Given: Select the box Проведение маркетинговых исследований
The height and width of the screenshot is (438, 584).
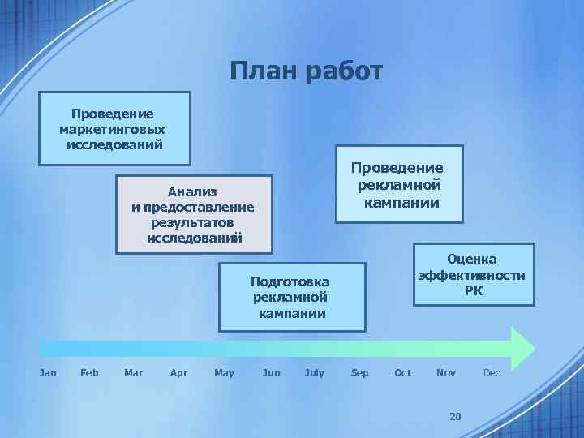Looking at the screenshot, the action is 114,128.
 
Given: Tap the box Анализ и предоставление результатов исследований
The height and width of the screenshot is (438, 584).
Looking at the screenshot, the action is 194,214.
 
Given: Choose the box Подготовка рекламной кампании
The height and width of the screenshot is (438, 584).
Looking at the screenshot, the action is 291,297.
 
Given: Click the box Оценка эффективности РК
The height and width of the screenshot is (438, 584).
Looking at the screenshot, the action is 473,274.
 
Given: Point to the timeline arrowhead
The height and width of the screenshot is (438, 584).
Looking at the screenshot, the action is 522,347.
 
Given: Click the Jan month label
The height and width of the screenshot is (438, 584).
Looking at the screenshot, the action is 48,372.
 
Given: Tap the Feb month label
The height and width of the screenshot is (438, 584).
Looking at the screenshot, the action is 90,372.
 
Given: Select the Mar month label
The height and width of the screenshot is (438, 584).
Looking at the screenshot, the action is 133,372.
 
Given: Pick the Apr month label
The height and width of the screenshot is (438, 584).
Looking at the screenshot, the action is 178,372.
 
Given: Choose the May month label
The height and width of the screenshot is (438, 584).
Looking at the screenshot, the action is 224,372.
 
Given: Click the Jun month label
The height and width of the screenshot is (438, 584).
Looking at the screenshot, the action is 272,372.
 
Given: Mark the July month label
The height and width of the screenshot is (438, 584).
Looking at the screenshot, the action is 314,372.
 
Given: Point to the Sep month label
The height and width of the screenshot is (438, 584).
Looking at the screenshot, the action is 359,372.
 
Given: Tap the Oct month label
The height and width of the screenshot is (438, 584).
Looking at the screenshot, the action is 402,372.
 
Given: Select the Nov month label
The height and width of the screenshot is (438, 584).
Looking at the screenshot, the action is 446,372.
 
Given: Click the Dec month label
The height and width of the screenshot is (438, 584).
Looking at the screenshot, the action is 492,372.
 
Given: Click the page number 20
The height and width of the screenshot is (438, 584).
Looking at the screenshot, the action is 454,416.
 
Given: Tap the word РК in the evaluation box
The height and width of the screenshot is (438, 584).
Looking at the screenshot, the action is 474,290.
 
